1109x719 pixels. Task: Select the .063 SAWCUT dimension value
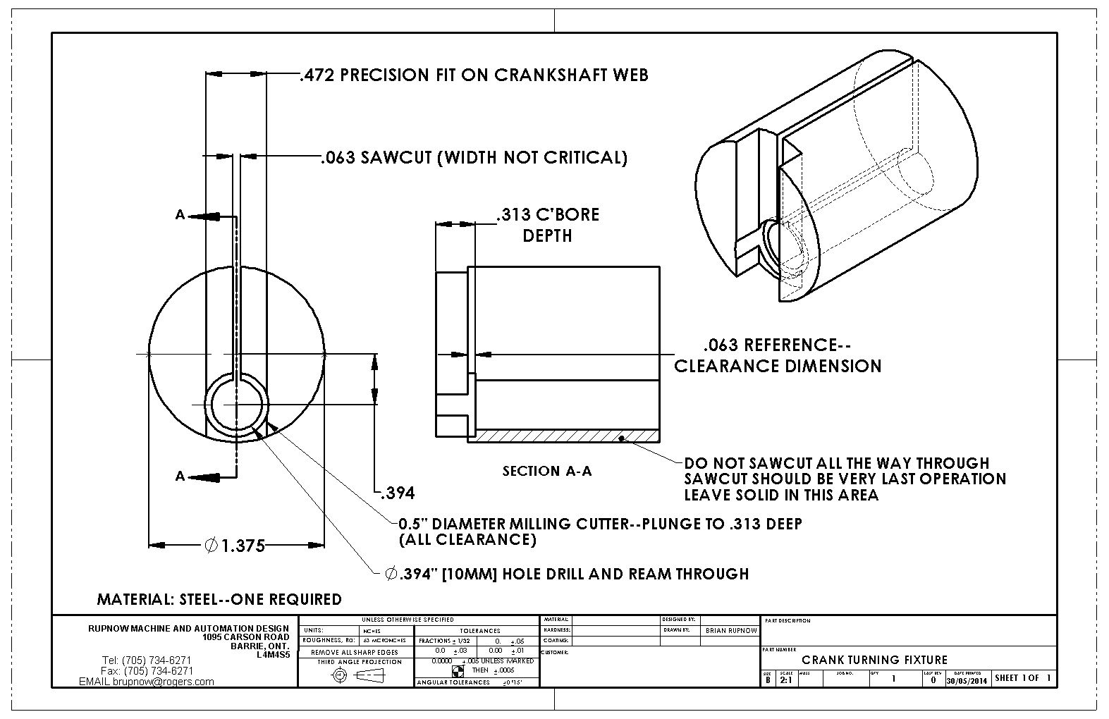[x=337, y=157]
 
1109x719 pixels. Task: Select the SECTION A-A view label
[x=546, y=471]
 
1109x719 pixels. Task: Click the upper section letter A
[x=180, y=215]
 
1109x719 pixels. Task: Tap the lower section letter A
[x=180, y=477]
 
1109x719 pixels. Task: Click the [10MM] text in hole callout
[x=471, y=574]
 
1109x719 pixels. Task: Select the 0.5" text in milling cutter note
[x=413, y=524]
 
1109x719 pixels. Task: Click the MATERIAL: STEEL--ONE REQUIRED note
[x=219, y=599]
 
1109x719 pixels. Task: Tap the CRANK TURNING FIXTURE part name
[x=874, y=660]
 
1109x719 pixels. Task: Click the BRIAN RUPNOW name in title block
[x=730, y=630]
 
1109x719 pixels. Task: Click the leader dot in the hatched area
[x=620, y=438]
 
